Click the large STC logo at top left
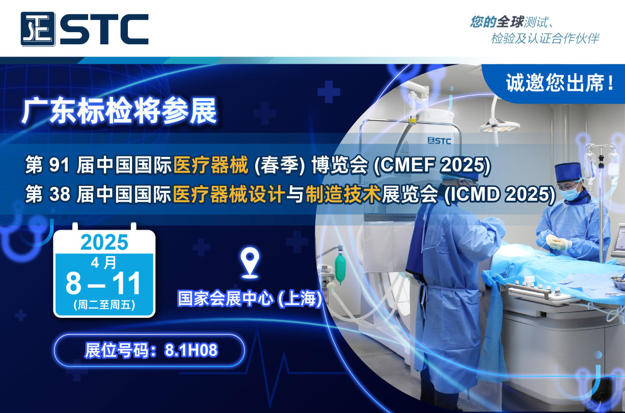[85, 29]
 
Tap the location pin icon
[250, 263]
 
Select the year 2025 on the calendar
[104, 242]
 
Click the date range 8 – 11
[103, 283]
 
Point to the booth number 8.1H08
[192, 350]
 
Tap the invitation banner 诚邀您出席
[560, 83]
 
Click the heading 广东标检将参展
[119, 111]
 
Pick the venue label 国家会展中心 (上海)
[250, 298]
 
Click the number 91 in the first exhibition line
[59, 165]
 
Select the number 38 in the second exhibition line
[60, 195]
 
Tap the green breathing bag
[340, 267]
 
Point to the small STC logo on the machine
[439, 141]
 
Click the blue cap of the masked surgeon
[568, 172]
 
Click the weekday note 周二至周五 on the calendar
[104, 305]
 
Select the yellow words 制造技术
[343, 195]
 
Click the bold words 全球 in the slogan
[510, 22]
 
